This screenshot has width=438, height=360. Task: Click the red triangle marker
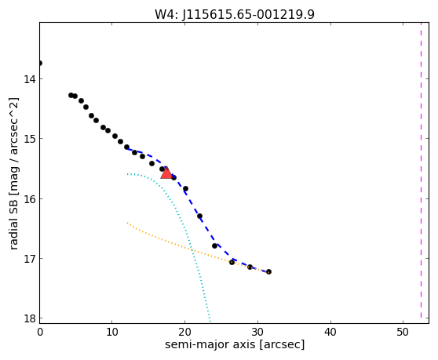click(166, 173)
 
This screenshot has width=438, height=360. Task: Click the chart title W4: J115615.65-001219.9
click(235, 14)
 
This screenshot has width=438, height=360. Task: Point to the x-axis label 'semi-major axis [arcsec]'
click(235, 344)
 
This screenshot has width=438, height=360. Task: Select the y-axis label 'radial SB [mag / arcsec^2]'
click(13, 173)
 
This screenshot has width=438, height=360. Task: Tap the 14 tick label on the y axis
click(30, 79)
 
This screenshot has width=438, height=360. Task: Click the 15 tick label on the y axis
click(30, 139)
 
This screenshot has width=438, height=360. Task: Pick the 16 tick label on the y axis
click(30, 199)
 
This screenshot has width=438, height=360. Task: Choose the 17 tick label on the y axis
click(30, 259)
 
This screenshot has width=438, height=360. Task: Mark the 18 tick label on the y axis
click(30, 318)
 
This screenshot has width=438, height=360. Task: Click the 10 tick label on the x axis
click(111, 332)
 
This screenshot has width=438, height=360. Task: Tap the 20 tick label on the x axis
click(184, 332)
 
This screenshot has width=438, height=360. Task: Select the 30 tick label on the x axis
click(257, 332)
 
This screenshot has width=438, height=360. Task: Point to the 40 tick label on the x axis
click(330, 332)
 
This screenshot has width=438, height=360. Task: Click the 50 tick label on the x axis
click(403, 332)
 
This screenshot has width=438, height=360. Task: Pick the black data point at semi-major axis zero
click(40, 63)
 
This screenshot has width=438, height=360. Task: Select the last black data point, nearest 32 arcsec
click(268, 272)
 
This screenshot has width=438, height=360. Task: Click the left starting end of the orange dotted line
click(127, 223)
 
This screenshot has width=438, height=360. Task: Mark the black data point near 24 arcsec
click(214, 245)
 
